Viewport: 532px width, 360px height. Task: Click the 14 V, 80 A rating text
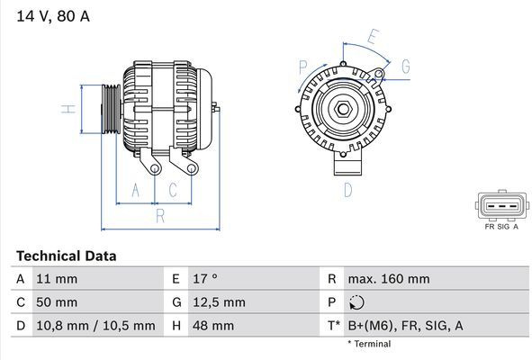pos(53,16)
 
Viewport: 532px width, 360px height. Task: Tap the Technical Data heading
pos(67,256)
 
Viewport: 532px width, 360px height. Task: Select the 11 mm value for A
pos(57,279)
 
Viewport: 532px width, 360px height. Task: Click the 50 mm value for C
pos(57,302)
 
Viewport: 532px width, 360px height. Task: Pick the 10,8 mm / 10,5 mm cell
pos(95,326)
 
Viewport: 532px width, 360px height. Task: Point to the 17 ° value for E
pos(205,279)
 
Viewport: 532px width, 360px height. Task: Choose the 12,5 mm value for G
pos(219,302)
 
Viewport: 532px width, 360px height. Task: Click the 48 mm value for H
pos(213,326)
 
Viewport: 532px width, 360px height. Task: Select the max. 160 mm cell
pos(389,279)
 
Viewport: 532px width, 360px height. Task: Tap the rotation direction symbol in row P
pos(356,302)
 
